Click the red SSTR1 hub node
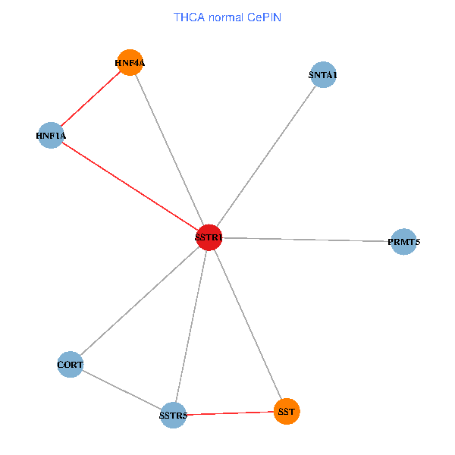[x=209, y=237]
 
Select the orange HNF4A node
[x=130, y=64]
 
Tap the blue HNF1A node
[x=52, y=136]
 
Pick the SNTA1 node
[x=323, y=75]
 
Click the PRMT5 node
[x=403, y=242]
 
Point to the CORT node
[x=71, y=365]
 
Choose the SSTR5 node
[x=174, y=415]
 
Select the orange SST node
[x=287, y=411]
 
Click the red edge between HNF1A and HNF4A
[x=91, y=99]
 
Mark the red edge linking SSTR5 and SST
[x=230, y=413]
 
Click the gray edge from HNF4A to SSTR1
[x=169, y=151]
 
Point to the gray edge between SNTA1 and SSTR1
[x=265, y=156]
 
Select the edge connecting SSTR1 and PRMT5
[x=306, y=240]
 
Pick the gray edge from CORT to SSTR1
[x=140, y=301]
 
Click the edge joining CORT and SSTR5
[x=122, y=390]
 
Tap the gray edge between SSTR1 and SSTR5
[x=191, y=326]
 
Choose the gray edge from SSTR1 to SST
[x=247, y=324]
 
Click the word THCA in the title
[x=188, y=16]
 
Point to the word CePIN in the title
[x=262, y=16]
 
